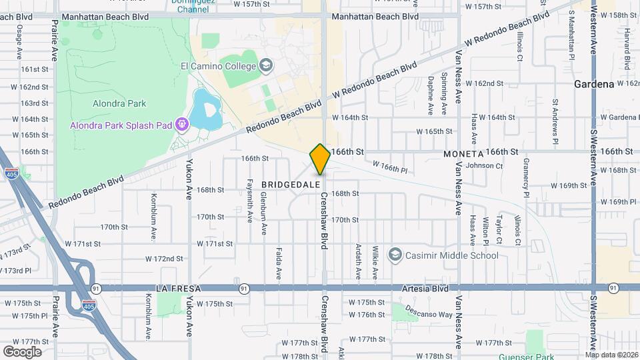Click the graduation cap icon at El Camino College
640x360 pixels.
[266, 65]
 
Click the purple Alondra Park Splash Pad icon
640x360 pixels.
[181, 124]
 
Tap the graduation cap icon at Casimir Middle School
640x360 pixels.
[395, 255]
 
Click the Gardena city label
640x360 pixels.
[594, 85]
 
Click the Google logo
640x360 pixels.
[22, 351]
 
